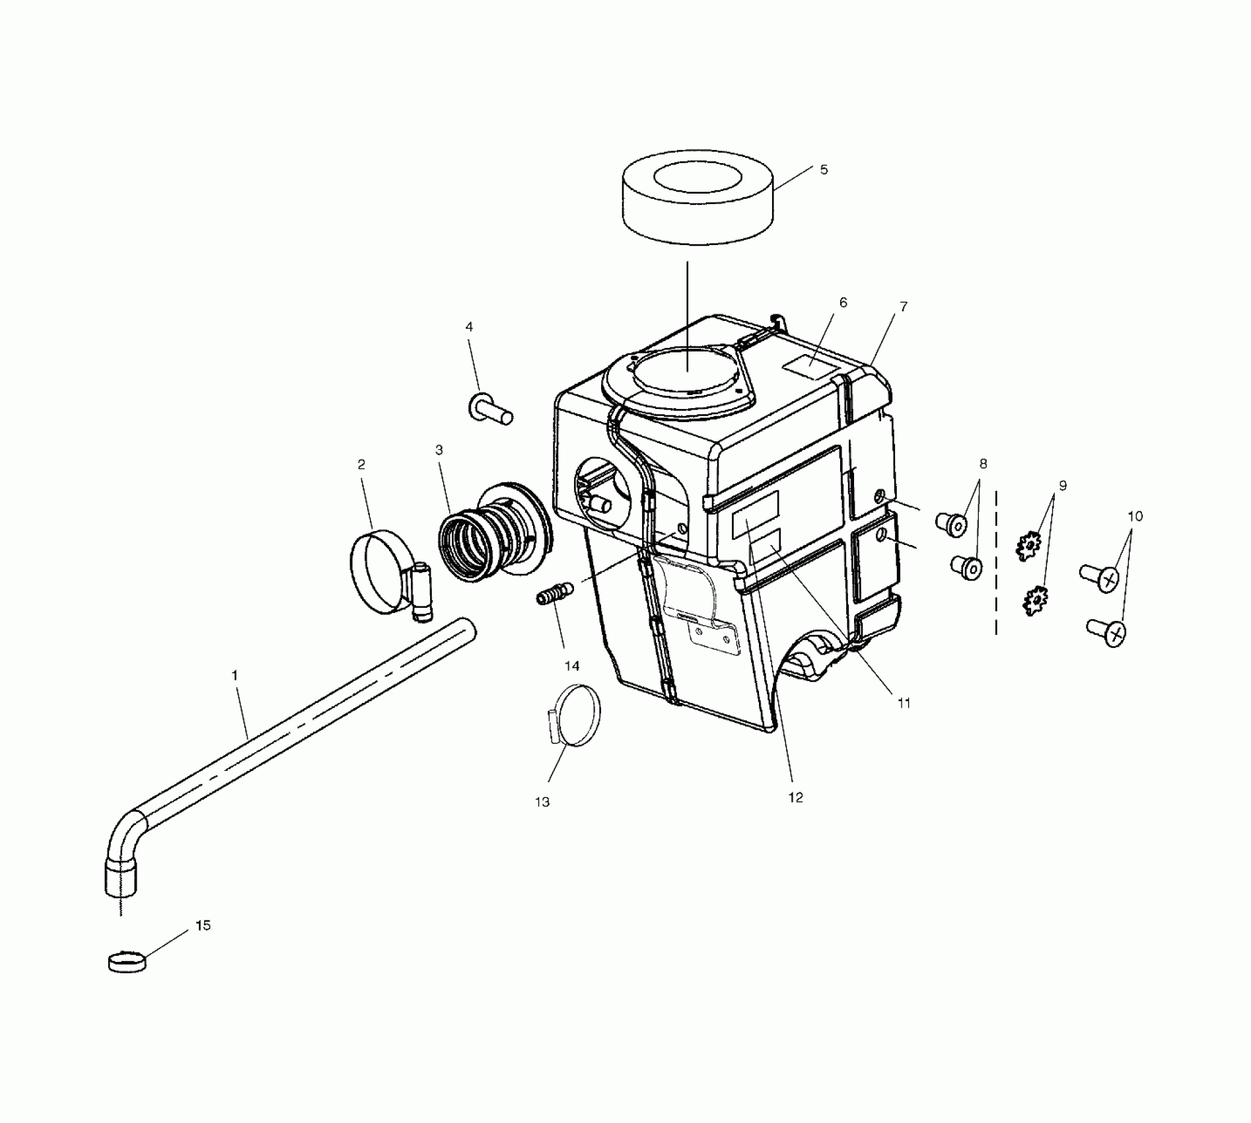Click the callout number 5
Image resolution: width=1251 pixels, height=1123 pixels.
click(x=824, y=170)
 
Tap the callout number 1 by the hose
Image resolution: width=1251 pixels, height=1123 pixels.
click(x=234, y=676)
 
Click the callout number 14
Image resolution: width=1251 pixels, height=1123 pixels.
click(x=572, y=666)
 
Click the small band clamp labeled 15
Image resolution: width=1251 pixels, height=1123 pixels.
click(x=127, y=962)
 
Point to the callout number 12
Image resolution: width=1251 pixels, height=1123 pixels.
click(x=795, y=797)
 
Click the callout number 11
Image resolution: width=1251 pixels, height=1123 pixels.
click(x=904, y=704)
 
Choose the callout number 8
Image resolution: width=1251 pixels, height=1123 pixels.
click(x=983, y=464)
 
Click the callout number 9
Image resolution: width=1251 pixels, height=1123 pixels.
click(x=1063, y=486)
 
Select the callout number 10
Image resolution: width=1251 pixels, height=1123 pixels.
click(x=1135, y=516)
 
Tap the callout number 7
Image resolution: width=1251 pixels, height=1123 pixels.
click(x=904, y=307)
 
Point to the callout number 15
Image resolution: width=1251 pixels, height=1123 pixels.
click(x=203, y=925)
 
